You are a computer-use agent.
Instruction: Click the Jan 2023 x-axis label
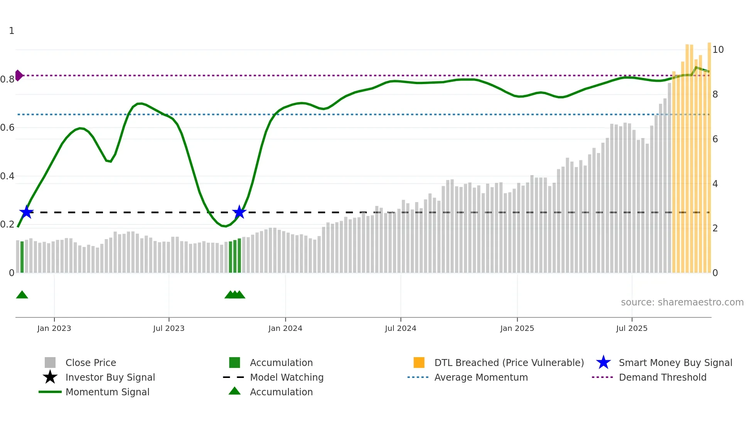point(54,328)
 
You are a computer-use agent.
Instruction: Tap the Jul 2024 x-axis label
point(400,328)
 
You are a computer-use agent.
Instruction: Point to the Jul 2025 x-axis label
point(631,328)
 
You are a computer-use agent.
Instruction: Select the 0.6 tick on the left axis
point(8,128)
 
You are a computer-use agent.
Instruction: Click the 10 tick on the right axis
point(718,50)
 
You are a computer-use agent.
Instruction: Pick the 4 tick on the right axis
point(715,184)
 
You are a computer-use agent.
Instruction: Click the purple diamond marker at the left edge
point(19,75)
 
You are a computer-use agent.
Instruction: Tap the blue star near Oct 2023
point(239,212)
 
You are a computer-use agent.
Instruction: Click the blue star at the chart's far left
point(27,212)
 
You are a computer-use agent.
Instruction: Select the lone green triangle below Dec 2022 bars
point(22,295)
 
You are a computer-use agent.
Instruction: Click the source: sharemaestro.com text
point(682,302)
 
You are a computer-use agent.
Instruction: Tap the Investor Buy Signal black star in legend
point(50,377)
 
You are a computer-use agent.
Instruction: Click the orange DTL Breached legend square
point(419,363)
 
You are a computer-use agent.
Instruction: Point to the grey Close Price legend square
point(50,363)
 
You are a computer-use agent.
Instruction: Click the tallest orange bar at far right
point(709,154)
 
